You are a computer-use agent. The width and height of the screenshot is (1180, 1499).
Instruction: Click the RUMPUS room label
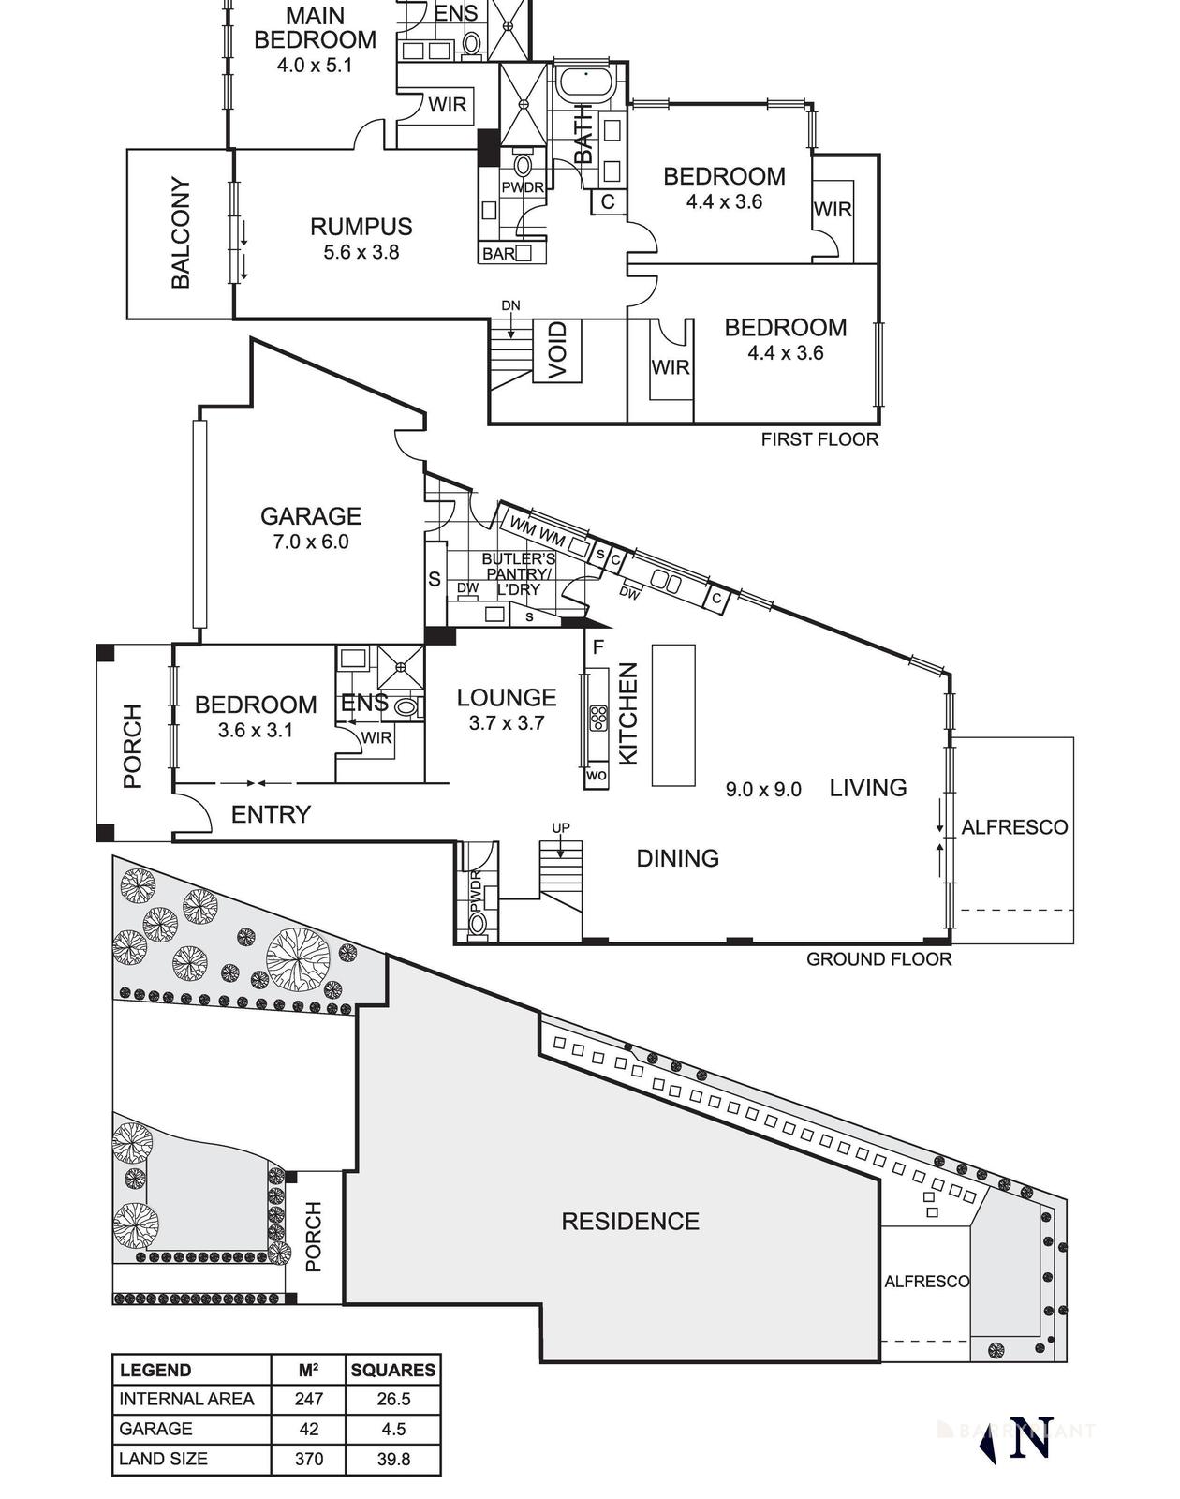[361, 227]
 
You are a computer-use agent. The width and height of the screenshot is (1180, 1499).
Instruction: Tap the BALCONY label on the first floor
[181, 232]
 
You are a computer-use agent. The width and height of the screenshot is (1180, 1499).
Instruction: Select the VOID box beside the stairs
[557, 350]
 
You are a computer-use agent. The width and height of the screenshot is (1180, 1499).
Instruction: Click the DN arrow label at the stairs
[510, 305]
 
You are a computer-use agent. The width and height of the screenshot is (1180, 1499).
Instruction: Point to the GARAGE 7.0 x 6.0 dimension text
[310, 542]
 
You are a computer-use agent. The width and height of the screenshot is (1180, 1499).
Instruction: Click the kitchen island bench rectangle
[673, 715]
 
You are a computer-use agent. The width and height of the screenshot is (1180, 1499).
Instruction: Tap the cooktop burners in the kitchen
[597, 719]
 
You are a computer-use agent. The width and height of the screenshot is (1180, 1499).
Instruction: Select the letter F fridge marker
[598, 646]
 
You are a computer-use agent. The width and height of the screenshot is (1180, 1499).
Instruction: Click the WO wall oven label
[596, 776]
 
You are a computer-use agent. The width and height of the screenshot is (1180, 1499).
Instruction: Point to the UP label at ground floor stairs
[560, 828]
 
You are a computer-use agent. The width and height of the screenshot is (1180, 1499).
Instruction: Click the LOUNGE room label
[507, 697]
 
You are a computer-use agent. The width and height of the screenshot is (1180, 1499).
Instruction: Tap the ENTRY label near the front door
[271, 814]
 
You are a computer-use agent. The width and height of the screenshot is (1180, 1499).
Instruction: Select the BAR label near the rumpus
[498, 253]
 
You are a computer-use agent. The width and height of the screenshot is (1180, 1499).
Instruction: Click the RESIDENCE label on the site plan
[630, 1221]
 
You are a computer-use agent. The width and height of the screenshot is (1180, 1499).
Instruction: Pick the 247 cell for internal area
[308, 1399]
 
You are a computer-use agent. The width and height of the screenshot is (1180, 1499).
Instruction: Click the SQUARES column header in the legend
[392, 1370]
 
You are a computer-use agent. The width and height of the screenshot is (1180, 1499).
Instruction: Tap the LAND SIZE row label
[164, 1459]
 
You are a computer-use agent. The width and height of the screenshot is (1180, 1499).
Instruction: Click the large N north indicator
[1030, 1438]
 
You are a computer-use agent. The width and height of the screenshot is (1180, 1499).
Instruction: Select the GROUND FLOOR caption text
[878, 958]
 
